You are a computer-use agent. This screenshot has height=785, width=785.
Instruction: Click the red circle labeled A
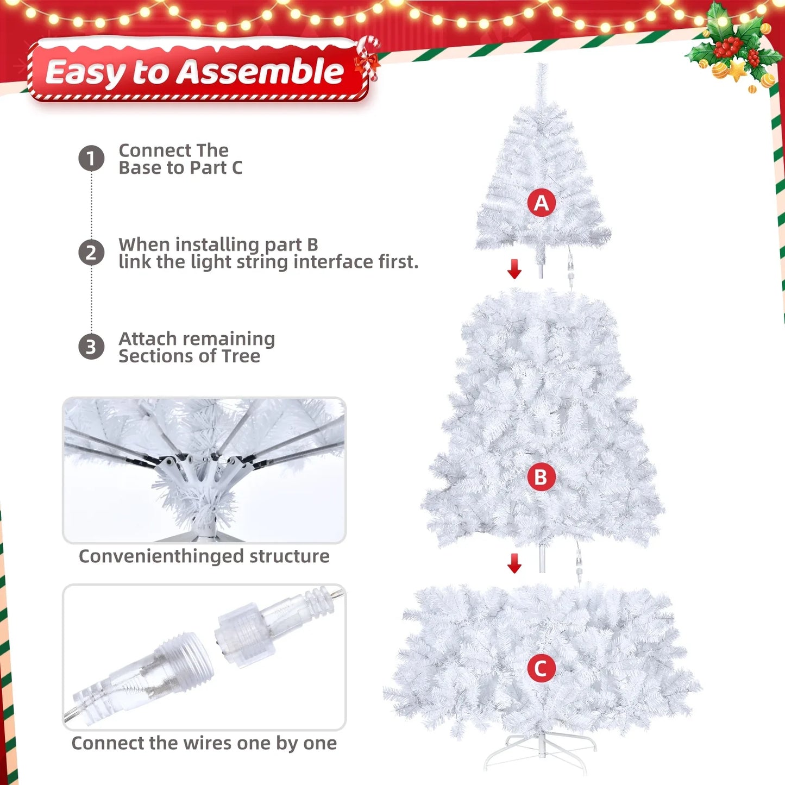(x=541, y=203)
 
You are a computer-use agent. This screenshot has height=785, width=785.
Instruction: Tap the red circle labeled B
(x=541, y=477)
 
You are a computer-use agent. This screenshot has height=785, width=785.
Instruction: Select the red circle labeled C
(x=541, y=668)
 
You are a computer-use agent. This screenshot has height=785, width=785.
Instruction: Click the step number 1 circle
(x=91, y=159)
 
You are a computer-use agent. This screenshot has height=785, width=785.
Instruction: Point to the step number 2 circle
(x=91, y=253)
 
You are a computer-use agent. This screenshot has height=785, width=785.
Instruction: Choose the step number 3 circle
(x=91, y=347)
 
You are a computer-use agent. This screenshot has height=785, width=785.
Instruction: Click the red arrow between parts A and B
(x=514, y=268)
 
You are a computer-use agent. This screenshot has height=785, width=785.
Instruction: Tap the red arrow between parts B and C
(x=514, y=563)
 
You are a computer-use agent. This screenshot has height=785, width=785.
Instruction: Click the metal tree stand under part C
(x=541, y=752)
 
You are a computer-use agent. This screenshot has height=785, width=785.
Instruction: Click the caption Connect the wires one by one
(x=204, y=743)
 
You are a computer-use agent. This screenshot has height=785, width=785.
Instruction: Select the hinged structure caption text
(x=204, y=556)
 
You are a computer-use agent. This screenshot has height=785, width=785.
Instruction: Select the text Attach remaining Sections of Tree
(x=197, y=347)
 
